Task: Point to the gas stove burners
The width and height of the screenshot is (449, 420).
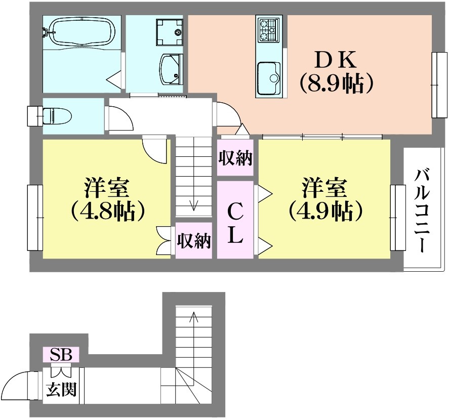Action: tap(269, 29)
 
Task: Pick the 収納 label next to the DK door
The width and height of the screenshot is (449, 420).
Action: tap(235, 158)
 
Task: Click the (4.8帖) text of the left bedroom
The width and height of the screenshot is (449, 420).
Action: tap(107, 211)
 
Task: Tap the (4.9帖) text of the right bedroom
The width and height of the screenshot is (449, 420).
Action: tap(326, 211)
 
